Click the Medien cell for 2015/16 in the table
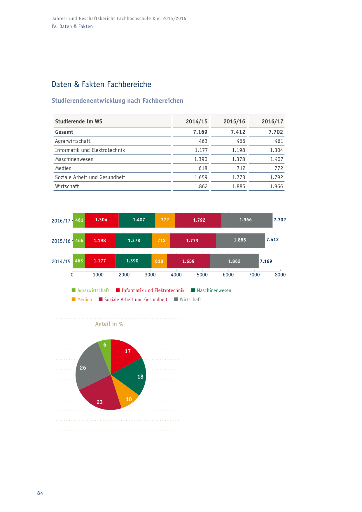click(x=241, y=168)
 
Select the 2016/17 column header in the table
click(x=272, y=121)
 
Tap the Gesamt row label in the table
click(x=64, y=132)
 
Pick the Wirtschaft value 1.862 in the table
click(x=201, y=186)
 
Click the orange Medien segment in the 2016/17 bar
click(x=165, y=220)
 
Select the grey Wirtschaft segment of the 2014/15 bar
click(x=234, y=261)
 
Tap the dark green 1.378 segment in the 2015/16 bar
click(x=134, y=241)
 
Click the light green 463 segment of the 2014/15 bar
click(x=79, y=261)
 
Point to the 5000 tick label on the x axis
click(x=202, y=275)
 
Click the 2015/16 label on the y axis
click(x=61, y=241)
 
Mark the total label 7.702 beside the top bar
click(x=280, y=220)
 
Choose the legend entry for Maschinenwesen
click(x=211, y=290)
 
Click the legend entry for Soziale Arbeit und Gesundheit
click(x=133, y=299)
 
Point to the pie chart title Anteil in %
click(x=109, y=324)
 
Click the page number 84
click(x=40, y=493)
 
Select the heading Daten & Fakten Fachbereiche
click(x=102, y=84)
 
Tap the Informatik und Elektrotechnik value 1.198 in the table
click(x=239, y=150)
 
